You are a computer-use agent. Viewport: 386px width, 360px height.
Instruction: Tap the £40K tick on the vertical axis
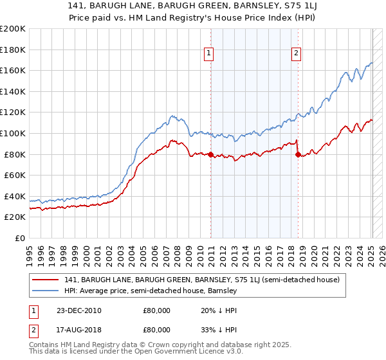pyautogui.click(x=14, y=196)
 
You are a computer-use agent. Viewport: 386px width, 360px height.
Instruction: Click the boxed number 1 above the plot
pyautogui.click(x=210, y=54)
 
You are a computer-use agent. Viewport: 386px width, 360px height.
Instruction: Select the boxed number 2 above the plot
pyautogui.click(x=297, y=54)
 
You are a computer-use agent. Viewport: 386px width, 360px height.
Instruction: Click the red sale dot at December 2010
pyautogui.click(x=211, y=154)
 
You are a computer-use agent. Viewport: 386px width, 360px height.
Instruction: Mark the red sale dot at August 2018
pyautogui.click(x=298, y=154)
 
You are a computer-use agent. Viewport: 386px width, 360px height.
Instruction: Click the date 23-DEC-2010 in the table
pyautogui.click(x=78, y=310)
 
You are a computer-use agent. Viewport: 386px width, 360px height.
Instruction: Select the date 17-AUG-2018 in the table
pyautogui.click(x=78, y=331)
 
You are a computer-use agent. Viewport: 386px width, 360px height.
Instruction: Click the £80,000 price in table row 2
pyautogui.click(x=156, y=331)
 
